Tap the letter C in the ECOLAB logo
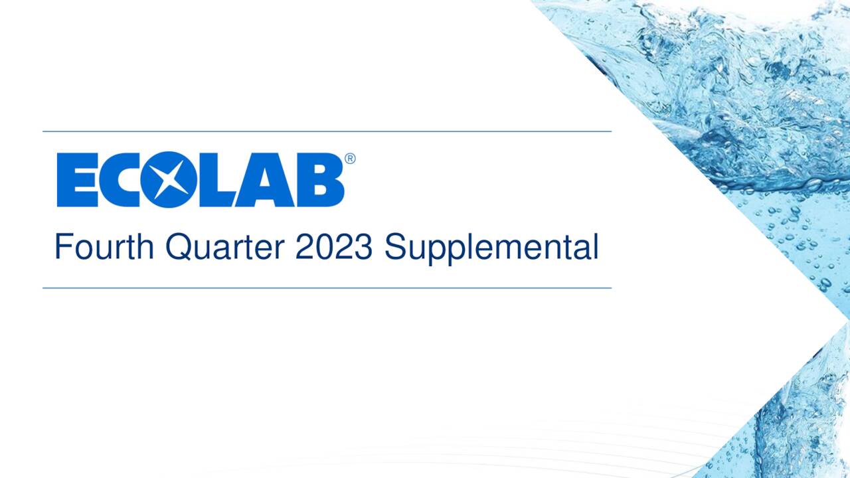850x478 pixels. click(122, 179)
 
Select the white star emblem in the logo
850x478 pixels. click(169, 179)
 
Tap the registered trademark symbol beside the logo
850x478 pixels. click(350, 159)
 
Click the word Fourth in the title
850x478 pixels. click(106, 248)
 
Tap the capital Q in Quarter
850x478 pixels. click(178, 248)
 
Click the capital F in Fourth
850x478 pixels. click(62, 247)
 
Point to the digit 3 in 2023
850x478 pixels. click(363, 248)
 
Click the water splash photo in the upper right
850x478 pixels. click(730, 86)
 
